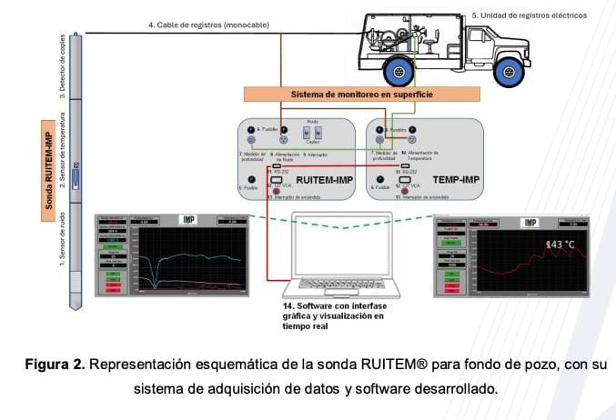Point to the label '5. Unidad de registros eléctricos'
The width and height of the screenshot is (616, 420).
coord(529,15)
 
